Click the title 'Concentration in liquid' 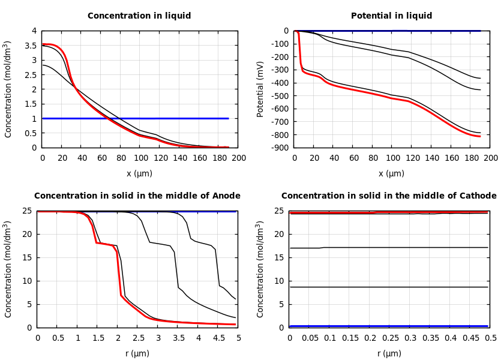click(139, 16)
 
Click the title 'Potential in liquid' click(391, 16)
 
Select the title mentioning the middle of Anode click(137, 196)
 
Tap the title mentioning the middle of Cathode click(389, 196)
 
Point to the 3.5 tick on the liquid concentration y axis click(34, 46)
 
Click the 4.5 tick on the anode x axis click(218, 338)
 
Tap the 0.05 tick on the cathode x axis click(310, 338)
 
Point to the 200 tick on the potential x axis click(490, 158)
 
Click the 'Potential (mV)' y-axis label click(260, 89)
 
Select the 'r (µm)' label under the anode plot click(137, 353)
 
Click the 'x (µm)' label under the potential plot click(391, 173)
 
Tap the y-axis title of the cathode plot click(260, 269)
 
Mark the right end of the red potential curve click(480, 136)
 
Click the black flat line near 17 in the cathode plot click(390, 247)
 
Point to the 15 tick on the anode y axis click(29, 257)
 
